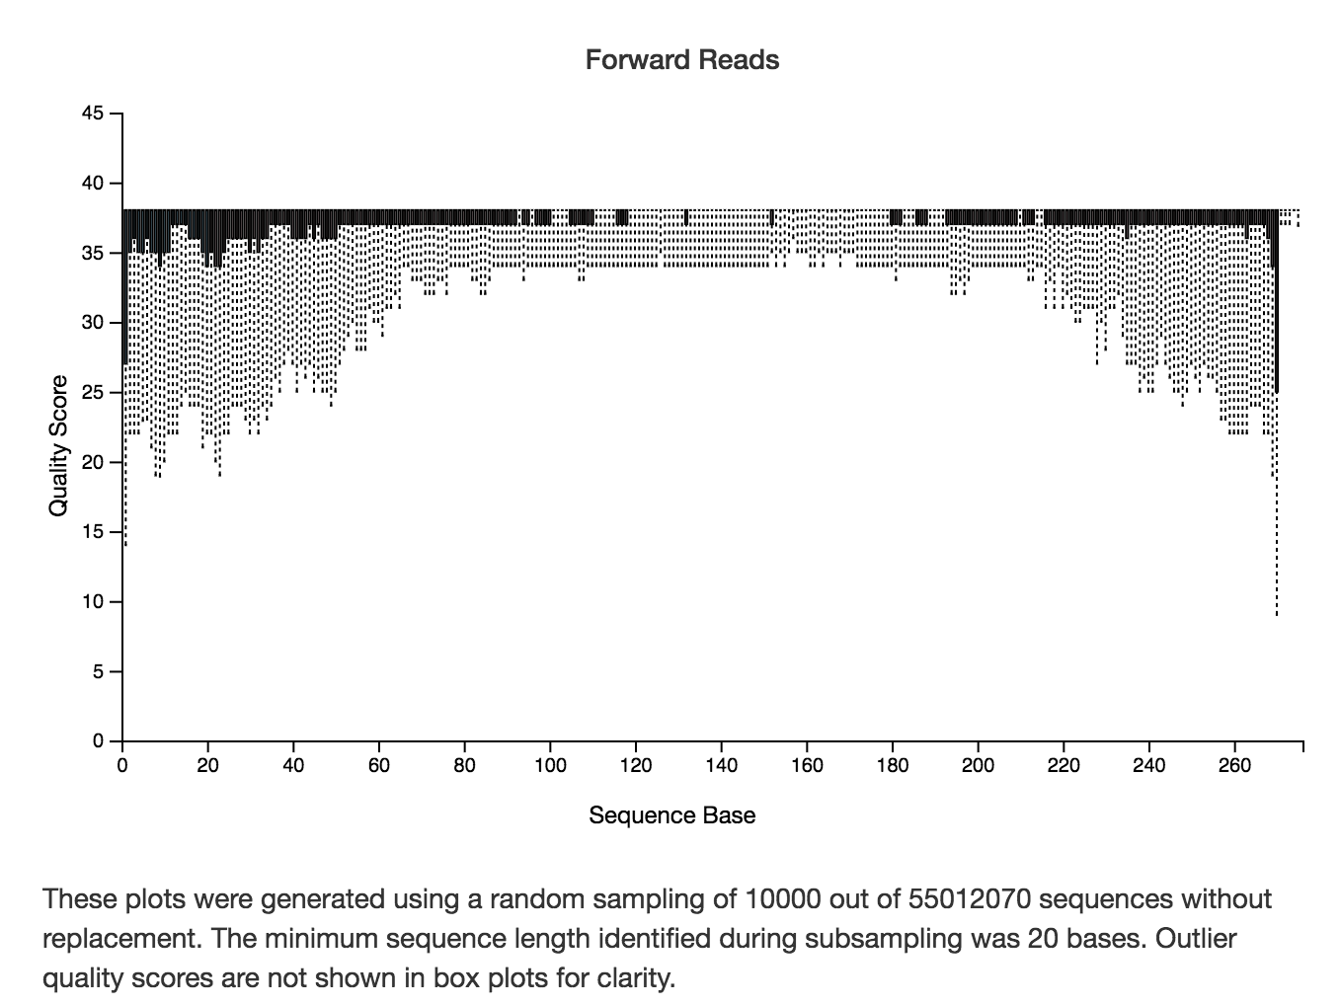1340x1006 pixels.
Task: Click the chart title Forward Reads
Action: point(681,60)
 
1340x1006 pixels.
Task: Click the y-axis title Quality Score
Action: point(59,445)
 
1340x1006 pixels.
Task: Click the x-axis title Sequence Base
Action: point(671,815)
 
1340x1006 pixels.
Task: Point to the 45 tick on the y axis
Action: point(93,115)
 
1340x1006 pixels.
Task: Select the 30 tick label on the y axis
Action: point(93,324)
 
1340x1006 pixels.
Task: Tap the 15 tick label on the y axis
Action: point(93,532)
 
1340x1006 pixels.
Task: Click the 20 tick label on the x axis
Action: point(207,766)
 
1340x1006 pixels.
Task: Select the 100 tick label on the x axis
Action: point(550,766)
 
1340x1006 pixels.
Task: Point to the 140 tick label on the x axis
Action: point(721,766)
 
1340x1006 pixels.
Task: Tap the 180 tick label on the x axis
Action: point(893,766)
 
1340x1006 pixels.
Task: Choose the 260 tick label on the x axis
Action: point(1234,766)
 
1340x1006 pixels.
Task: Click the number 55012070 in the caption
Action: point(928,899)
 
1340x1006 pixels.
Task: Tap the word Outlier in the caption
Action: point(1196,938)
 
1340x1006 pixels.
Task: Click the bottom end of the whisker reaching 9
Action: point(1277,614)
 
